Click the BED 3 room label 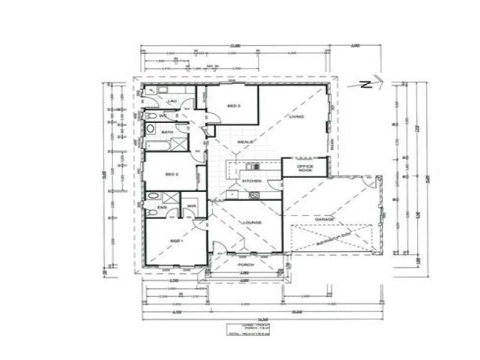233,106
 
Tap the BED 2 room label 172,174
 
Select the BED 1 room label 175,241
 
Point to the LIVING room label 296,116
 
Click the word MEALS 245,142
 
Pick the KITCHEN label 250,181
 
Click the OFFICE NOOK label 305,168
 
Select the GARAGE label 324,220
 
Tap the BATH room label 167,131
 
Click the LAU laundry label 171,101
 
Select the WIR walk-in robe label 191,207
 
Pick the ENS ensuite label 161,208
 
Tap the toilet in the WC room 151,116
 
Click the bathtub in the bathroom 158,145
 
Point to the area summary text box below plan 247,329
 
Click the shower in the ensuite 171,197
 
